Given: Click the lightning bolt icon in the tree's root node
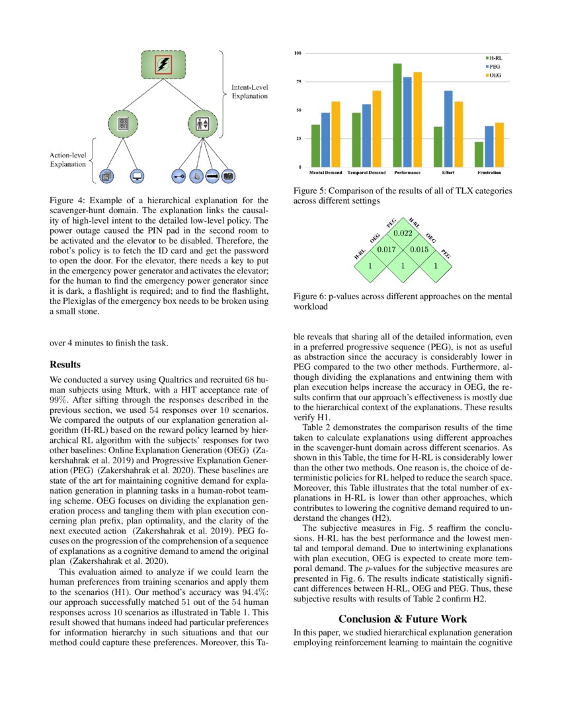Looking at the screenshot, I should pos(163,65).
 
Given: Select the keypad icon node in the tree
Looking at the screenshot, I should pos(122,123).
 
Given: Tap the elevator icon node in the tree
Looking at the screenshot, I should pos(202,123).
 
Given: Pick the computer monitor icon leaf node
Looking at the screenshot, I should pos(138,176).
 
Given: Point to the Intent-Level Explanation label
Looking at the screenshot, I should pos(249,91).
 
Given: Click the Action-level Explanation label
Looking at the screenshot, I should pos(67,159).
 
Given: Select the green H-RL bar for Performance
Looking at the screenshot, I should pos(397,115).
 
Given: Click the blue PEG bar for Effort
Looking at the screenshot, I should pos(448,128).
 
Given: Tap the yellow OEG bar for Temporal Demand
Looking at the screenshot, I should pos(377,128).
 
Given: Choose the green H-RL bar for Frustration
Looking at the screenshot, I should pos(479,154).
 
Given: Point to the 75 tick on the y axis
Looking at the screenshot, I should pos(298,81).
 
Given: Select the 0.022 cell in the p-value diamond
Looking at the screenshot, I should pos(403,233).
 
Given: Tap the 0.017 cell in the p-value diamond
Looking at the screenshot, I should pos(386,250).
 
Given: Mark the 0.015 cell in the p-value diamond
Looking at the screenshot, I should pos(419,250).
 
